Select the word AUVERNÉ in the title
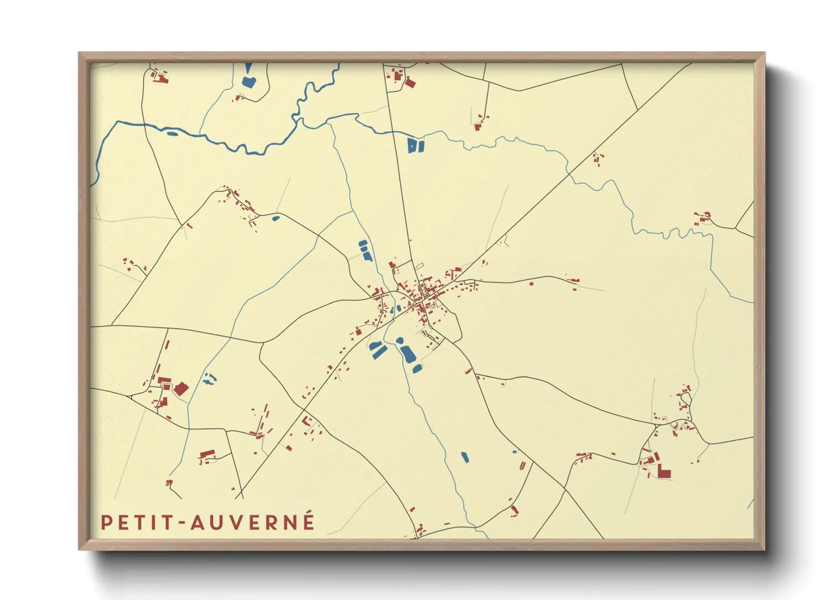[x=253, y=522]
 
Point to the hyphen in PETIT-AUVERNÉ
[x=183, y=523]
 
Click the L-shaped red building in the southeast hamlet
[x=664, y=471]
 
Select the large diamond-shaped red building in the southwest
[x=181, y=389]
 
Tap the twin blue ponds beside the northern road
[x=416, y=146]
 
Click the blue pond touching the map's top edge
[x=248, y=78]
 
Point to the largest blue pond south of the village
[x=407, y=353]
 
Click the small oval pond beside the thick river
[x=171, y=134]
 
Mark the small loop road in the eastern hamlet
[x=686, y=401]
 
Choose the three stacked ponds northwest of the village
[x=365, y=250]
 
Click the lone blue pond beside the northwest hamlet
[x=276, y=218]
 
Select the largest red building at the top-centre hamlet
[x=410, y=83]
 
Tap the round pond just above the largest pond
[x=400, y=340]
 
